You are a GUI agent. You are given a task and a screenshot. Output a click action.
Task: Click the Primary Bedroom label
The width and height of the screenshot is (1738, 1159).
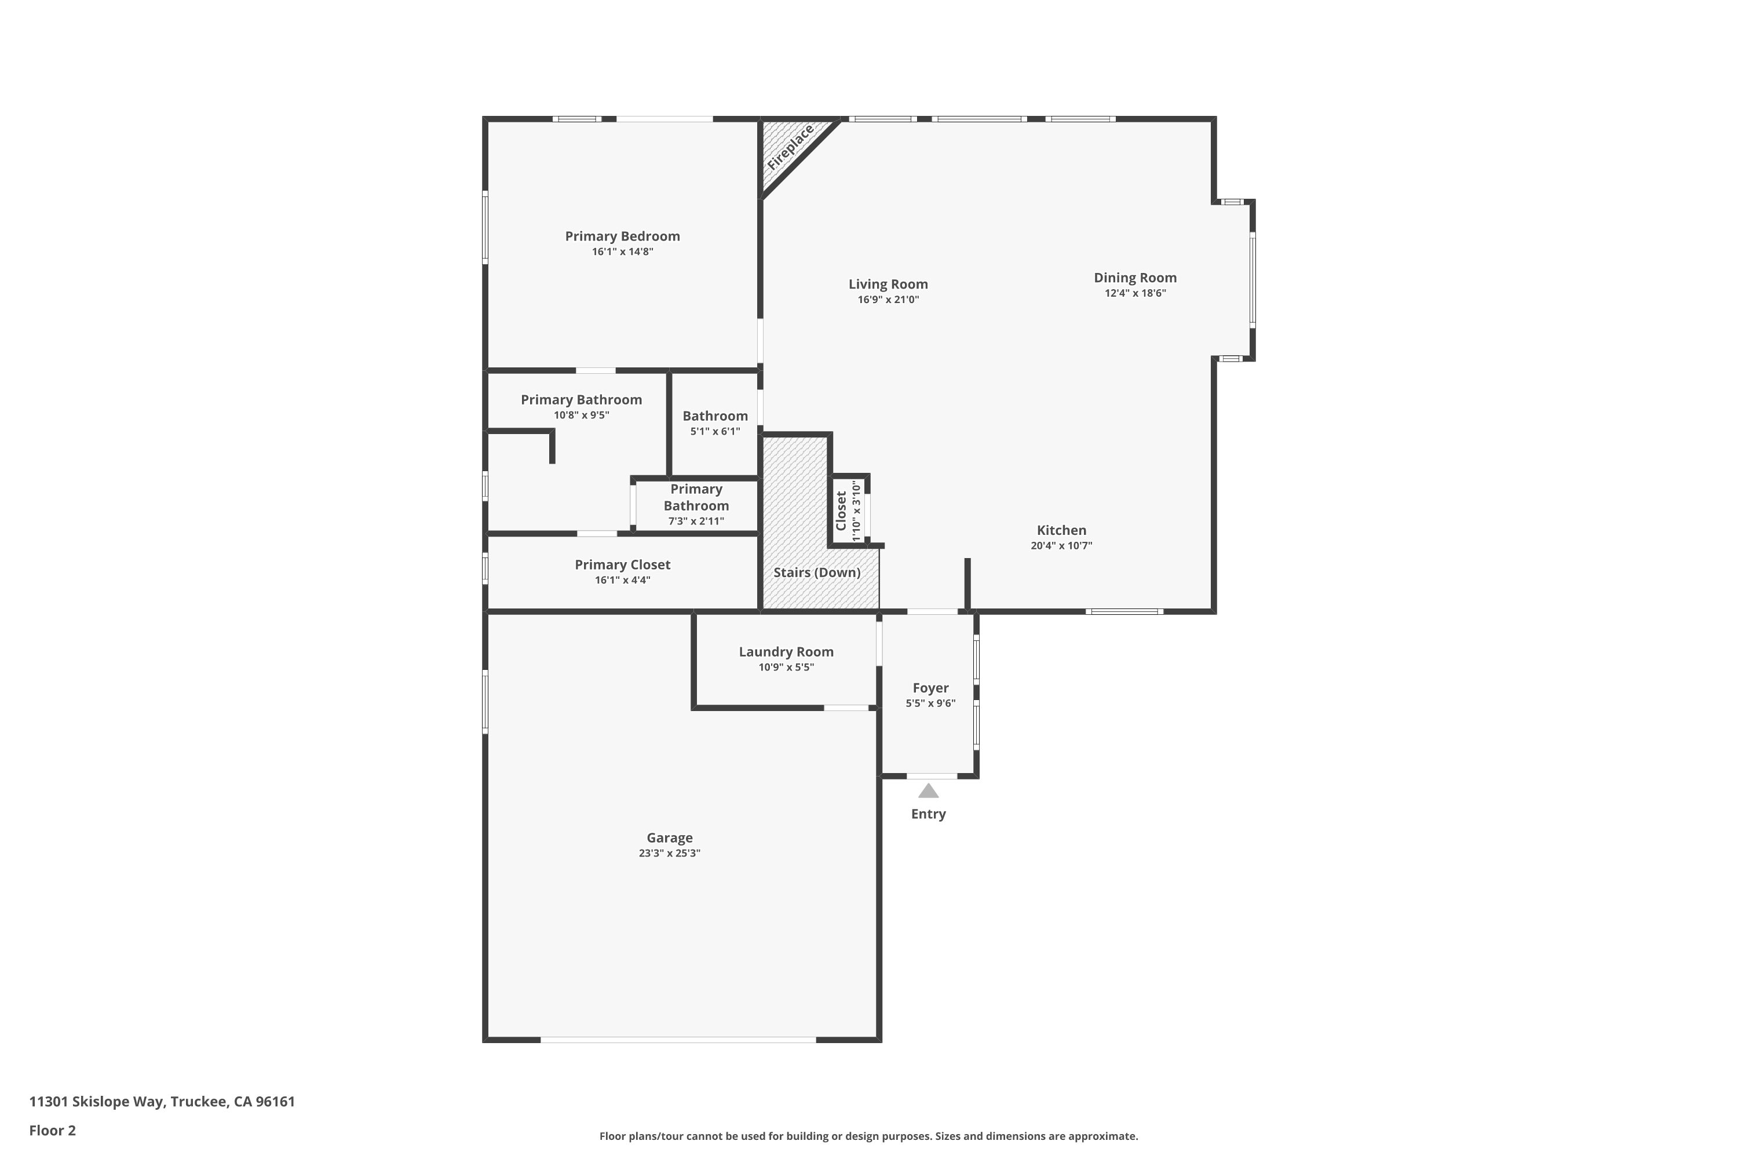622,236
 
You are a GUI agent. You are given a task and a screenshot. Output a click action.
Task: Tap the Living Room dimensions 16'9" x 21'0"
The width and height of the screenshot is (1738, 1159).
888,300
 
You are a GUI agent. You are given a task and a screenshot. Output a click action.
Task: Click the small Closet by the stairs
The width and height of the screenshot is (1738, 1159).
848,511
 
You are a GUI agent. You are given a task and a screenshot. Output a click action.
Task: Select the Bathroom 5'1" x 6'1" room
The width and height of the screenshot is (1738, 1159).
714,424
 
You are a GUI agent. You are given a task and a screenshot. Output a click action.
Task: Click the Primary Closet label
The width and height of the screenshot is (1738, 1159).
622,564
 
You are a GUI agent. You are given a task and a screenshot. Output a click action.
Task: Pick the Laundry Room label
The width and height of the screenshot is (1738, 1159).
786,652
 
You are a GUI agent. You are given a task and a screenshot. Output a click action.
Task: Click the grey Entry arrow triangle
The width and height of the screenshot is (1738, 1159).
928,792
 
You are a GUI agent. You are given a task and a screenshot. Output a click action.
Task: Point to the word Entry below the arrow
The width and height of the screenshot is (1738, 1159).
928,814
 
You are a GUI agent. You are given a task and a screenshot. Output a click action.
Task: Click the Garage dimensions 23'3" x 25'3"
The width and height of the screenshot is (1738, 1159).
670,853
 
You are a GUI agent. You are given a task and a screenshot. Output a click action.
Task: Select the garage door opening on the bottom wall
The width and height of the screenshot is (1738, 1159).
678,1039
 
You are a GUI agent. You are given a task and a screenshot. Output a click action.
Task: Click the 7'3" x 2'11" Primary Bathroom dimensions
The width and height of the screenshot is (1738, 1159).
696,521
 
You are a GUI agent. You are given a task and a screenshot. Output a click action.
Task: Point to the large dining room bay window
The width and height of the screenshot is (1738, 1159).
1252,279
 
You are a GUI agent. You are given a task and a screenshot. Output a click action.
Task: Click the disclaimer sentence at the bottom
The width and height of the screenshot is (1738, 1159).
868,1136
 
